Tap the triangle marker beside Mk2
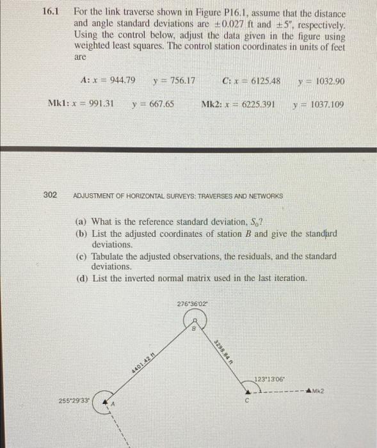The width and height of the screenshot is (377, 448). click(x=310, y=390)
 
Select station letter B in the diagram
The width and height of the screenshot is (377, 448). click(x=193, y=329)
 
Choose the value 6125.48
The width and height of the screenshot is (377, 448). click(x=263, y=81)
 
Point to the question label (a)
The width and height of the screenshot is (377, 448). click(x=80, y=223)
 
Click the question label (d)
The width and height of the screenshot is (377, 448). click(x=80, y=278)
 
